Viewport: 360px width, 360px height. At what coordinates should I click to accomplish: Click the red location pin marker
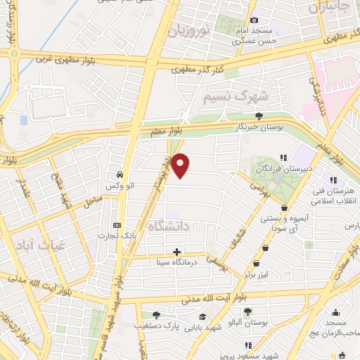tap(181, 165)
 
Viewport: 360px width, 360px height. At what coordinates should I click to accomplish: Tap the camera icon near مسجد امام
tap(255, 20)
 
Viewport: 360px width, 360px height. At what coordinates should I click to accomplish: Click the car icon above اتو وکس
tap(120, 174)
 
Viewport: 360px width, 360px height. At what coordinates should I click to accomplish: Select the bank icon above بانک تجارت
tap(117, 226)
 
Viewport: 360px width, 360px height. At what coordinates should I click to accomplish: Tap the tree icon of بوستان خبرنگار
tap(259, 116)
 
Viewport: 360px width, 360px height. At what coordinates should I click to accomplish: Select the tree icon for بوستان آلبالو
tap(247, 312)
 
